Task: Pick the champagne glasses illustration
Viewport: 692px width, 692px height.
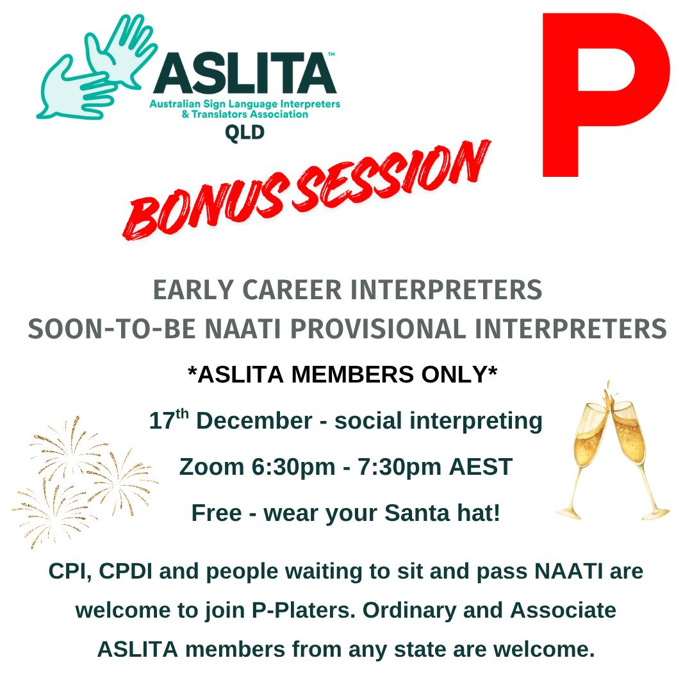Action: (x=612, y=452)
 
